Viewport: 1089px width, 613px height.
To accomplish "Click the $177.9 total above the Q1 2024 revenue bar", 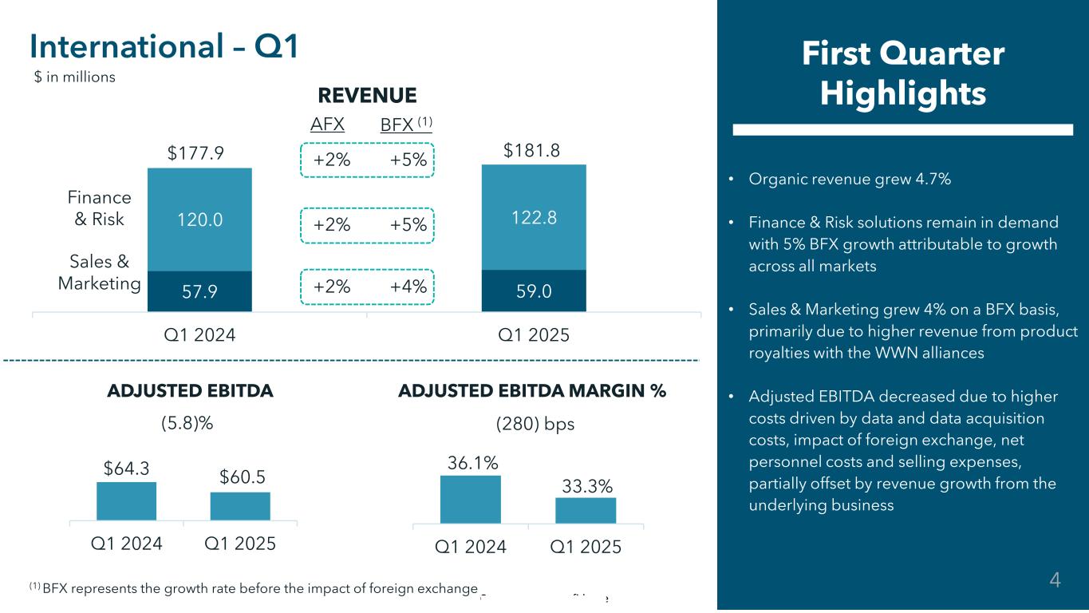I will (x=199, y=152).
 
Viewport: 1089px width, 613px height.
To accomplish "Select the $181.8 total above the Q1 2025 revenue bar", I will (x=534, y=150).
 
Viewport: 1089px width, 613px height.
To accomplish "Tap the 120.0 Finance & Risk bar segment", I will (x=199, y=219).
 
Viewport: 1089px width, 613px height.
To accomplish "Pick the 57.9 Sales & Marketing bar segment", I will (x=199, y=291).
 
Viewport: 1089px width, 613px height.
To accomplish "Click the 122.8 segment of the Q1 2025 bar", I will (x=534, y=216).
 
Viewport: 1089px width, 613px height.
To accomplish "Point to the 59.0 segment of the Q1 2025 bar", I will (x=534, y=291).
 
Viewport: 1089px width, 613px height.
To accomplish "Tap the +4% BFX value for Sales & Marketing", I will (x=408, y=286).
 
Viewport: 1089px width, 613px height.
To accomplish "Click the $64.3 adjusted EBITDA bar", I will (x=126, y=501).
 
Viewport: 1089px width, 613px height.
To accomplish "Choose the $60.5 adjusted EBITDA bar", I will (x=240, y=506).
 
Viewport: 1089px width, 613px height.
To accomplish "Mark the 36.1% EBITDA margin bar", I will (x=471, y=500).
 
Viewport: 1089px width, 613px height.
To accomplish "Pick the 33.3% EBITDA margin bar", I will (x=586, y=510).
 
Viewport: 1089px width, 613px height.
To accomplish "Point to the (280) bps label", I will (x=535, y=424).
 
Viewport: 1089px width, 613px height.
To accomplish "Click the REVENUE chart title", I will (x=367, y=96).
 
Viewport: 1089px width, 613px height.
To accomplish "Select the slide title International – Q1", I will (x=164, y=48).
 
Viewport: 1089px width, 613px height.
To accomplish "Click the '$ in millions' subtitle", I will (x=75, y=77).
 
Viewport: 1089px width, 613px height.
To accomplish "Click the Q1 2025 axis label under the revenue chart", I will (x=534, y=335).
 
